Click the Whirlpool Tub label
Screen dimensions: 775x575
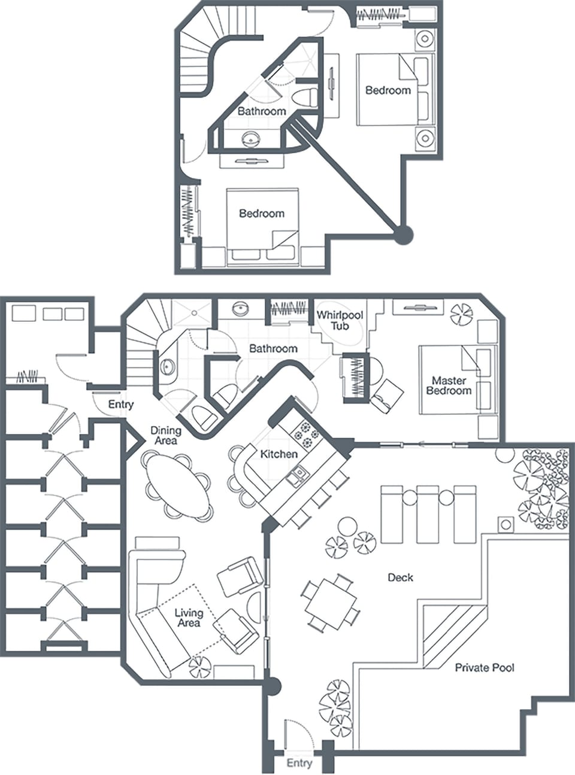coord(340,320)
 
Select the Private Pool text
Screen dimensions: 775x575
coord(485,667)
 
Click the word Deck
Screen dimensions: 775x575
coord(401,578)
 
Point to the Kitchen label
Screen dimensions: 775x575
coord(279,454)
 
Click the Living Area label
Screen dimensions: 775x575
coord(188,618)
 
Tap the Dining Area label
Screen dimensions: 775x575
coord(165,435)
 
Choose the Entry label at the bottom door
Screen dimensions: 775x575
coord(299,763)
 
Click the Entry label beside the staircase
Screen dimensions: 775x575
coord(120,405)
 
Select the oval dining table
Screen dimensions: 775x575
coord(178,484)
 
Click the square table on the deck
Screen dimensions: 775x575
coord(330,601)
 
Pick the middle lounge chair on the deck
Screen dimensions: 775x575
coord(428,513)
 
